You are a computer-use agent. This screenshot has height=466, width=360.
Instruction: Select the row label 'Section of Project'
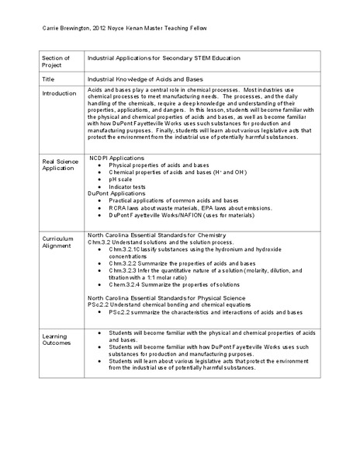[55, 62]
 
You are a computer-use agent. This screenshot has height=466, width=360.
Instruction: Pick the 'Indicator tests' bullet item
[130, 186]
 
